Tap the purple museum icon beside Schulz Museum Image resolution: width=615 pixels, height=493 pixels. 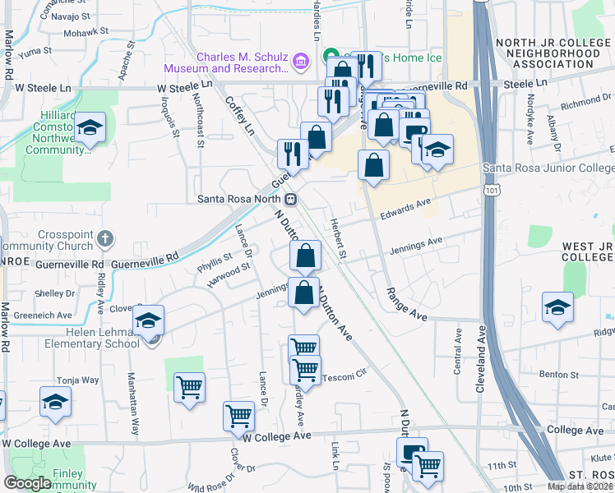click(300, 60)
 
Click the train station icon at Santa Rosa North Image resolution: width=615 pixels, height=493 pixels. click(290, 199)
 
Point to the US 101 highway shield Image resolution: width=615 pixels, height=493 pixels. click(492, 190)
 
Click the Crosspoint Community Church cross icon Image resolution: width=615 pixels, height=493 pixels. click(104, 238)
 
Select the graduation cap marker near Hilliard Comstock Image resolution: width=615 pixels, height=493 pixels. click(90, 128)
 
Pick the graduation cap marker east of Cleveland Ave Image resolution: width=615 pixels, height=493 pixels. click(557, 307)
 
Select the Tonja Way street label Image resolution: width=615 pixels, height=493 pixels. click(77, 380)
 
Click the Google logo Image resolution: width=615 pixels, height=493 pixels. click(27, 483)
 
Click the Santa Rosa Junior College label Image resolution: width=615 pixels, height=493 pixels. click(548, 168)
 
